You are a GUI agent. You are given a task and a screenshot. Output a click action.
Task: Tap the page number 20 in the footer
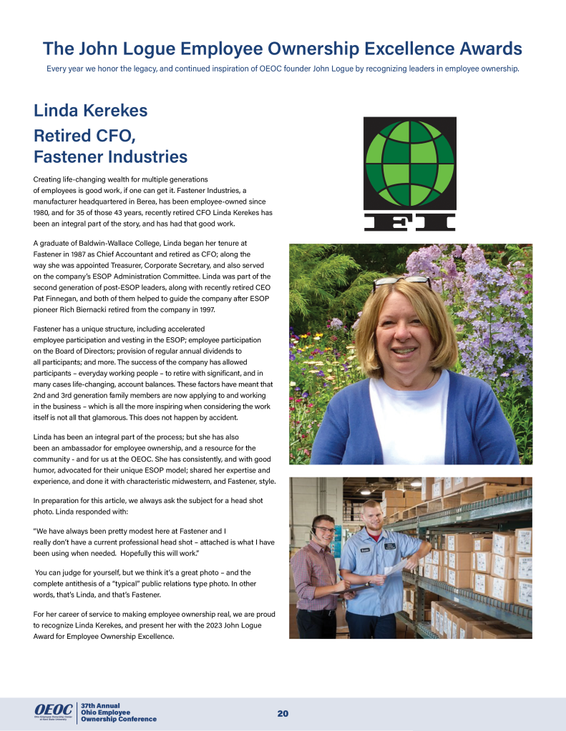click(283, 714)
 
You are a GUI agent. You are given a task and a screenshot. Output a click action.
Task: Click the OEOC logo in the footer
click(53, 710)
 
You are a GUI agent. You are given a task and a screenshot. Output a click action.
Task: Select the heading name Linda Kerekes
click(90, 111)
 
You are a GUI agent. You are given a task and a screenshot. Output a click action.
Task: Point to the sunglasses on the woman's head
click(401, 282)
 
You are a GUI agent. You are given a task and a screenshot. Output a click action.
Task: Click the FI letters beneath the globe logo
click(409, 222)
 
